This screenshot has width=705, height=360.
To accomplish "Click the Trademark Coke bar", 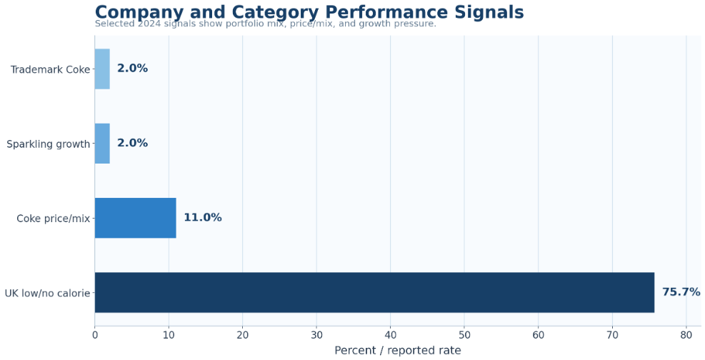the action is point(102,69).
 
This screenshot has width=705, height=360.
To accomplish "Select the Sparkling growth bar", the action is point(102,144).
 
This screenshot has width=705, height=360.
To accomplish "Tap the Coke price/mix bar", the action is point(135,218).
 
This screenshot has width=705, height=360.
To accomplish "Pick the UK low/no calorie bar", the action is point(374,293).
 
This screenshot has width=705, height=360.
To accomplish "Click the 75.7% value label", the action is point(681,292).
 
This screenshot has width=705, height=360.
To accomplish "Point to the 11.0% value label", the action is point(203,218).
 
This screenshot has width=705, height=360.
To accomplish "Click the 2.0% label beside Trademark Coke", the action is point(133,69).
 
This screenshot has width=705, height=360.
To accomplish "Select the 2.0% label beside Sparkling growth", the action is point(133,143).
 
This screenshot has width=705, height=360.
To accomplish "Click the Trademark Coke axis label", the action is point(50,70).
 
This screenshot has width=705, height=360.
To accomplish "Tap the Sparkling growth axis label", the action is point(48,144).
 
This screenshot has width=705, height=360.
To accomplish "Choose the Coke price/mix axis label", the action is point(54,219).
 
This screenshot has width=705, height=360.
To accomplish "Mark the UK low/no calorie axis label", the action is point(47,294).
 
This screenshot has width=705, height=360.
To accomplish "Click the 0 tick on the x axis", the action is point(95,335).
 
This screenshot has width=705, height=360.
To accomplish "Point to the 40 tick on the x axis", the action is point(390,335).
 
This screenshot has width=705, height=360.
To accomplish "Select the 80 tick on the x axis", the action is point(686,335).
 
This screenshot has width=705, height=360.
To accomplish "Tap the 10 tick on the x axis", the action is point(169,335).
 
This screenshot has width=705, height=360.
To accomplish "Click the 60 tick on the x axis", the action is point(538,335).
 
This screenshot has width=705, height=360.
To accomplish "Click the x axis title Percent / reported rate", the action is point(397,351).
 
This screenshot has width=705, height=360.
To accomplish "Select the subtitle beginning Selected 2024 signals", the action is point(265,24).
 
